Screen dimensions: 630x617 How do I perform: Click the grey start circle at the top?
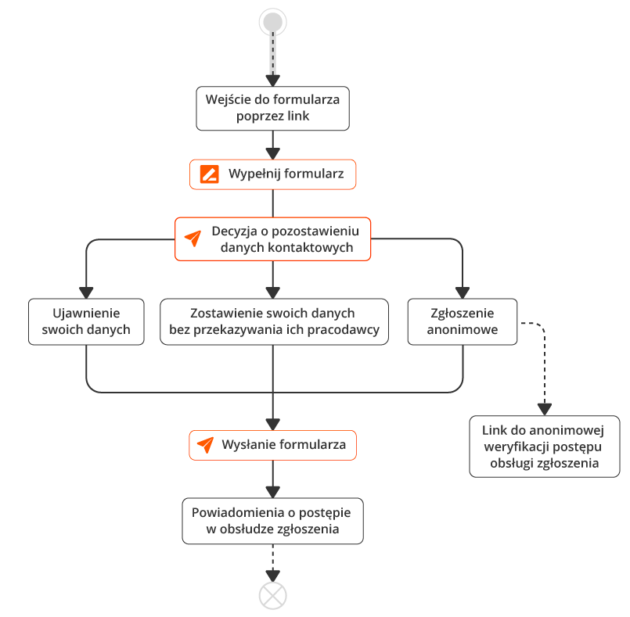click(273, 22)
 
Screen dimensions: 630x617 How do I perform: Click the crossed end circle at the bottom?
click(273, 596)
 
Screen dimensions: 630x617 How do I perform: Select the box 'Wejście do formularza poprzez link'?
click(273, 109)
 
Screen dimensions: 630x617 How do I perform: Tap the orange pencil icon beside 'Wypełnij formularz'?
click(209, 174)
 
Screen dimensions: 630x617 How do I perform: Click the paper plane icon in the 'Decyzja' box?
click(193, 239)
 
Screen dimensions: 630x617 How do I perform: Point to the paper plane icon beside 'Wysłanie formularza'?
click(205, 445)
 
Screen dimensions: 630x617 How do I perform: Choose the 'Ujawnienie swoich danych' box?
click(86, 321)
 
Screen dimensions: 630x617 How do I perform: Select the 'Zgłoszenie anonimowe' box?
click(463, 321)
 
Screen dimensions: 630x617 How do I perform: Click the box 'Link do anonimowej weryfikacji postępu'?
click(545, 447)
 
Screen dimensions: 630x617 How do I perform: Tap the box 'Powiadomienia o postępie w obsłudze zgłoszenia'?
click(273, 521)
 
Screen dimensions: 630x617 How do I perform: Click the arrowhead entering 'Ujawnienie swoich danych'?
click(86, 292)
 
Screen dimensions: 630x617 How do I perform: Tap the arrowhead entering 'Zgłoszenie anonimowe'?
click(463, 292)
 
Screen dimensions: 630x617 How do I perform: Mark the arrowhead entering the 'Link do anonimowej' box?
click(545, 410)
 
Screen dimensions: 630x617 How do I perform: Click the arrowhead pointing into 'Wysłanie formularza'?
click(273, 425)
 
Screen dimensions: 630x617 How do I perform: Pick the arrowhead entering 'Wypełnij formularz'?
click(273, 154)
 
